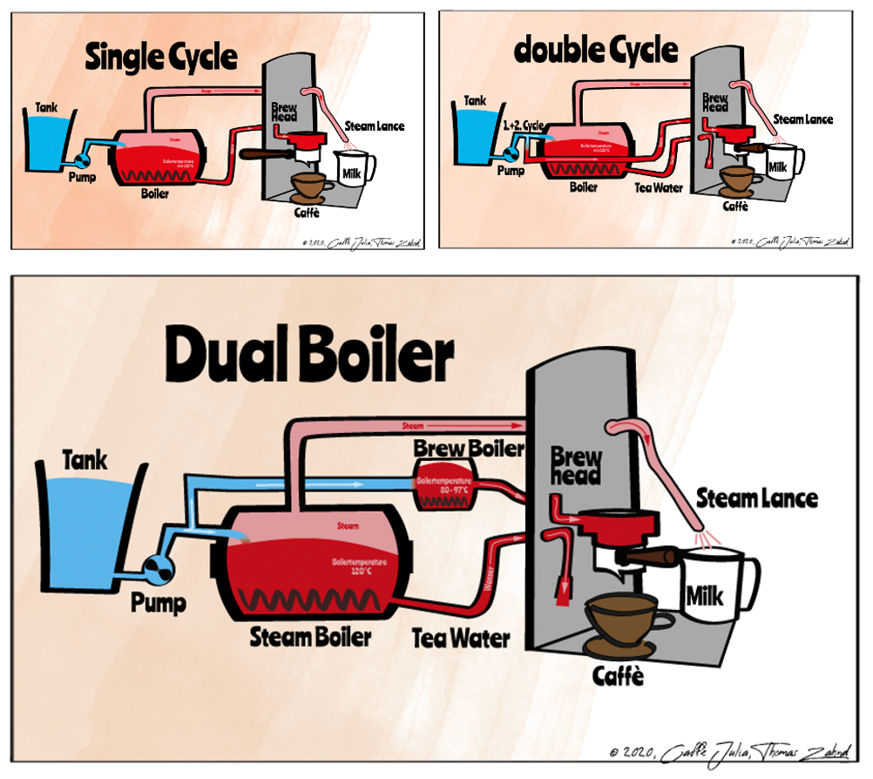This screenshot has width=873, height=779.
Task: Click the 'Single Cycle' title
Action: pyautogui.click(x=161, y=58)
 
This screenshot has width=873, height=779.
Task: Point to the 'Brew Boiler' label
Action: pyautogui.click(x=469, y=449)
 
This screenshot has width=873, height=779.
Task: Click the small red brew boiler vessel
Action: pyautogui.click(x=444, y=489)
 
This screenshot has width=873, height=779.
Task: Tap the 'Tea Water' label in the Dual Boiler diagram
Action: pyautogui.click(x=461, y=638)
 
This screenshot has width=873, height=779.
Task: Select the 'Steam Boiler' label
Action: pyautogui.click(x=310, y=636)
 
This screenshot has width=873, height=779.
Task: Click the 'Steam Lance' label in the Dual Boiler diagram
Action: pyautogui.click(x=756, y=498)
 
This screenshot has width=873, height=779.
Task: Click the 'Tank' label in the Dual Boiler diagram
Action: pyautogui.click(x=85, y=459)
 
